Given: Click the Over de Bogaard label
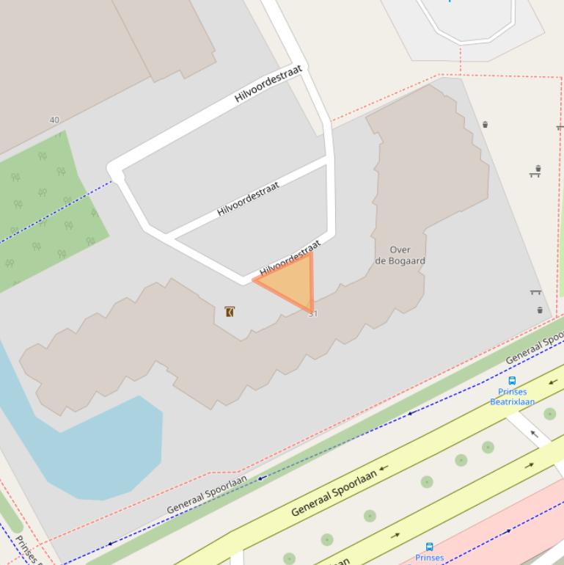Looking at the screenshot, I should point(400,255).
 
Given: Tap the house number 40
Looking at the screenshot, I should point(54,120).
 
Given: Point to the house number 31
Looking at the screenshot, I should point(314,314).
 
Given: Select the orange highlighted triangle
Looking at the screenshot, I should point(293,283).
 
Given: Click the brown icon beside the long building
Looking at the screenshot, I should point(230,312).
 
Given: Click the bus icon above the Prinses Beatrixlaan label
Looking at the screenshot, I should point(512,381).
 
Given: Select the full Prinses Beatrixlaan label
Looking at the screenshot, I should point(512,396).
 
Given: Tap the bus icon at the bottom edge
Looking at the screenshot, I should point(430,547).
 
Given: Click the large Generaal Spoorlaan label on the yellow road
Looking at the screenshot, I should point(334,493).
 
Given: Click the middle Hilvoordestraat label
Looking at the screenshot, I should point(248,199).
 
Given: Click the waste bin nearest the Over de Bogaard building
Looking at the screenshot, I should point(485,125).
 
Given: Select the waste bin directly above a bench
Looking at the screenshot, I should point(538,168).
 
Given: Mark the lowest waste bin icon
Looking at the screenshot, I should point(540,310).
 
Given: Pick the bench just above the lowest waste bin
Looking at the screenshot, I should point(535,293).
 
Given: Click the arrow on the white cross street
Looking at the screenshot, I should point(534,434).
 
